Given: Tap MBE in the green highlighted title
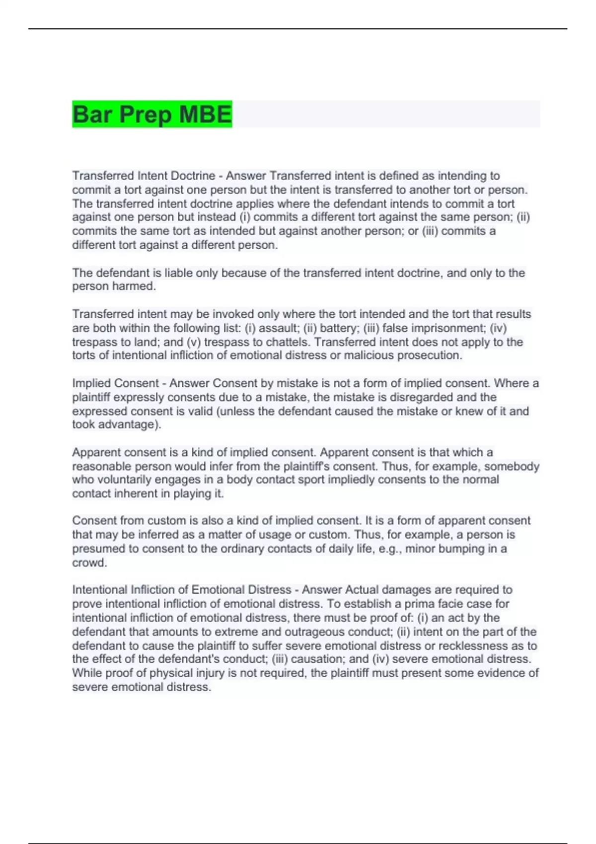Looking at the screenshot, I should pyautogui.click(x=205, y=115).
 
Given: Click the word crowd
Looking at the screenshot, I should pyautogui.click(x=89, y=563).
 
